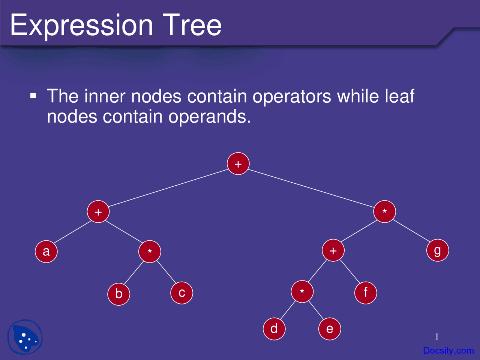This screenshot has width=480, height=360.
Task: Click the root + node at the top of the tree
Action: [x=238, y=164]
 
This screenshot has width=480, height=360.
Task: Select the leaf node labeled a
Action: [x=46, y=251]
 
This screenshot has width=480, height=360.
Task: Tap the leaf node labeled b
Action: [x=118, y=294]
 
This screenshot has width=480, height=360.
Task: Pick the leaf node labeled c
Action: [x=182, y=293]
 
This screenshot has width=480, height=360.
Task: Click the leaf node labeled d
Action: [x=274, y=329]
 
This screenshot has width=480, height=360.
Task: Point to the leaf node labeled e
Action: [x=330, y=329]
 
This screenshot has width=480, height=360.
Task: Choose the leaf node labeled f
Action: [x=366, y=292]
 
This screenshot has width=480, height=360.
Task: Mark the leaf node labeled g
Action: [x=438, y=250]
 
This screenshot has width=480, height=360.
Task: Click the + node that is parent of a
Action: [x=98, y=212]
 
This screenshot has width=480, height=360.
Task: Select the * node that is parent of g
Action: [x=385, y=211]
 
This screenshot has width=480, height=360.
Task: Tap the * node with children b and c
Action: [x=150, y=251]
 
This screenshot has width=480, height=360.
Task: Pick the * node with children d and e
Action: [x=302, y=292]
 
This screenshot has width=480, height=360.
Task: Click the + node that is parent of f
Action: [x=333, y=250]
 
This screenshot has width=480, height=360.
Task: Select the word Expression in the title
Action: [x=81, y=25]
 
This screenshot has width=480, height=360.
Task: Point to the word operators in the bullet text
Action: [x=292, y=96]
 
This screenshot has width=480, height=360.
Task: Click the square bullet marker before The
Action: [x=33, y=96]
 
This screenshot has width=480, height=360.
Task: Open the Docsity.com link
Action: [x=448, y=351]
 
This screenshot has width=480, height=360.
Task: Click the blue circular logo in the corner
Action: [x=25, y=337]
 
